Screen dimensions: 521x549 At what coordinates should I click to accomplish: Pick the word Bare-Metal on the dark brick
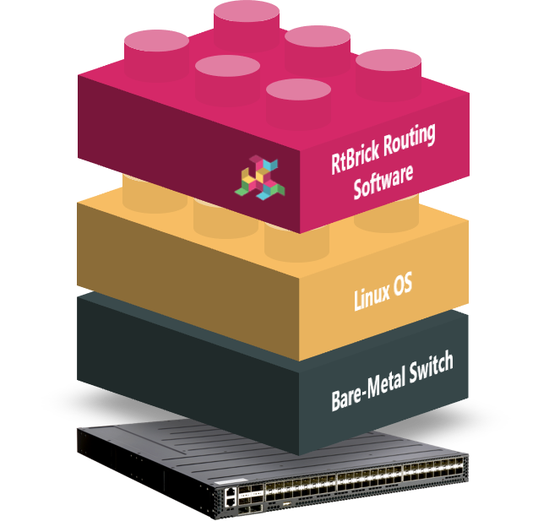[x=367, y=384]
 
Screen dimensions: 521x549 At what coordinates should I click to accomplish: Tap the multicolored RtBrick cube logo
[x=264, y=175]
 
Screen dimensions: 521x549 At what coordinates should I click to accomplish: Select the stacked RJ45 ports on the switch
[x=231, y=496]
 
